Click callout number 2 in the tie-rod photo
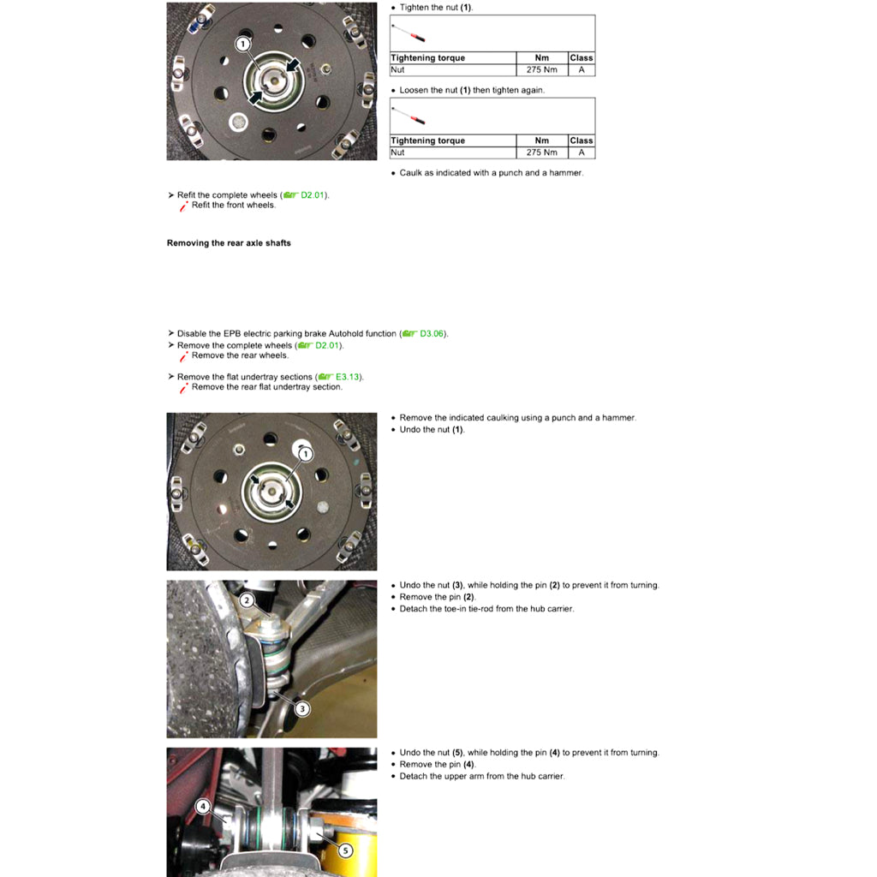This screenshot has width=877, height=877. click(247, 600)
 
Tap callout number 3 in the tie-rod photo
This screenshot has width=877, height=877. click(301, 708)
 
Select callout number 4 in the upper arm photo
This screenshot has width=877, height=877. click(203, 806)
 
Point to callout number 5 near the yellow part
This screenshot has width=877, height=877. click(345, 850)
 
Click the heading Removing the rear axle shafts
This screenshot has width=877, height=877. click(229, 243)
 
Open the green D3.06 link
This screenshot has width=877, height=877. click(432, 334)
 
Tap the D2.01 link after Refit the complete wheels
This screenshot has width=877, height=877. click(312, 195)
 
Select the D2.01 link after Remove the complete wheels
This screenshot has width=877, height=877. click(326, 345)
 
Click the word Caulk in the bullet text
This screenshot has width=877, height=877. click(411, 173)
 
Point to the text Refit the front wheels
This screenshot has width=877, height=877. click(233, 206)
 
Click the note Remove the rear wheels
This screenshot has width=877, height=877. click(240, 355)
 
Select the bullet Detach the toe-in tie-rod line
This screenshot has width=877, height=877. click(486, 609)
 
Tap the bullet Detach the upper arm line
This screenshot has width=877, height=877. click(481, 776)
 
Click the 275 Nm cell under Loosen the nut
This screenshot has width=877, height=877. click(541, 152)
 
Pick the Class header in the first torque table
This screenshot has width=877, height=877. click(581, 58)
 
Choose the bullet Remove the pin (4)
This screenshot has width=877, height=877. click(437, 764)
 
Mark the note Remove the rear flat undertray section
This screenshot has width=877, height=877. click(266, 387)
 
